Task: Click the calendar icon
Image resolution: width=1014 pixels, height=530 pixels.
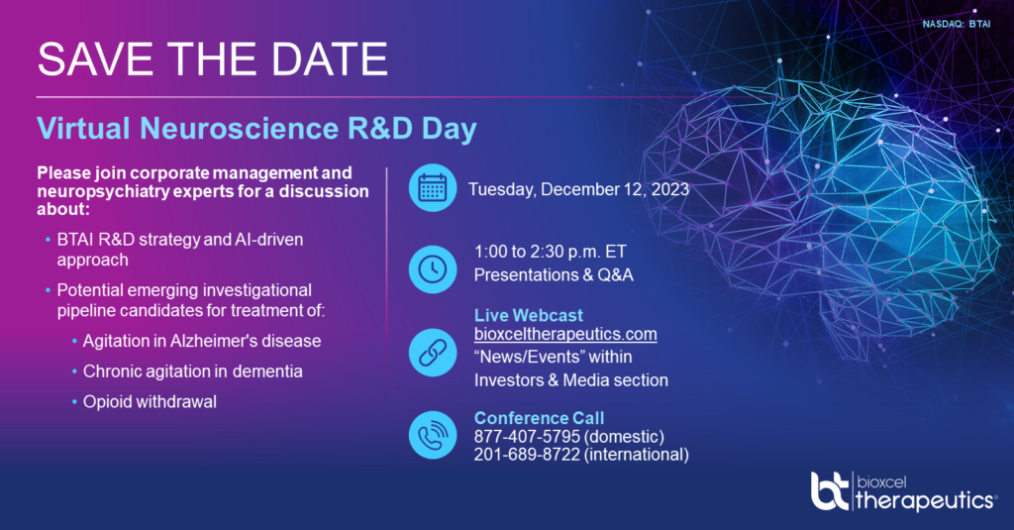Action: pos(433,187)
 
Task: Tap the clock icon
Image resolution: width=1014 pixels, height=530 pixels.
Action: pos(433,269)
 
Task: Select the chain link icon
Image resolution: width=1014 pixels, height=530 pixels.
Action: pos(433,353)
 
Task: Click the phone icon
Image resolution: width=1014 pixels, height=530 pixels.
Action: pos(433,435)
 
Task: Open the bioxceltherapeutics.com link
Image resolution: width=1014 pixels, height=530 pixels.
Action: pos(565,334)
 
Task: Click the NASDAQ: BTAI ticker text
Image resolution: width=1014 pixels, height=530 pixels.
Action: pos(957,24)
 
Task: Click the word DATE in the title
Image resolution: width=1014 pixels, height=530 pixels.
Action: pos(329,59)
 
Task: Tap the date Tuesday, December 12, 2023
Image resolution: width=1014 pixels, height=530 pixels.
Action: pos(578,189)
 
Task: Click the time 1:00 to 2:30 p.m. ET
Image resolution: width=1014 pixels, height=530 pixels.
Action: pos(551,251)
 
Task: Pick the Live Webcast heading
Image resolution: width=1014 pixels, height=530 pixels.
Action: pos(529,315)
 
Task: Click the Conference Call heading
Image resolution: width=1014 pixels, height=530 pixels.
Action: pos(540,418)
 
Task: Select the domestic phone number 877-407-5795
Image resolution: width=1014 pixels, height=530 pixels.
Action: pos(527,436)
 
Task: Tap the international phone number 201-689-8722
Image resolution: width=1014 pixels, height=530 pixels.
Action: pos(527,455)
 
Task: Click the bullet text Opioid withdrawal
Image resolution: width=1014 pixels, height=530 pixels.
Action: pos(150,402)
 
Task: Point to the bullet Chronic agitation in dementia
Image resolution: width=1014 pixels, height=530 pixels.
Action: pos(193,371)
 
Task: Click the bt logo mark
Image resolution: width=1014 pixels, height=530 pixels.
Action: pos(830,491)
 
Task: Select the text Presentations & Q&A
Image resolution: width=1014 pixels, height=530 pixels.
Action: pos(554,275)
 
